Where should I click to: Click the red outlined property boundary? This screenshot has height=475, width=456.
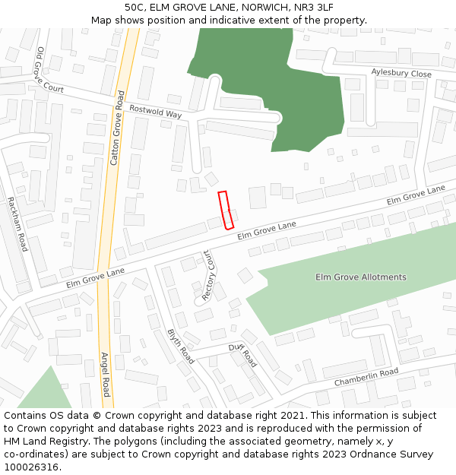[226, 210]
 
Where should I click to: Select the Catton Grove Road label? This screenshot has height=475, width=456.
[116, 123]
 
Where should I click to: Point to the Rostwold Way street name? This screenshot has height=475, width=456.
[155, 111]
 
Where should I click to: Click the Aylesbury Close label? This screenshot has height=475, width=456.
[401, 74]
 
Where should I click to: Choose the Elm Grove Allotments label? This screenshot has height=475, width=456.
[360, 277]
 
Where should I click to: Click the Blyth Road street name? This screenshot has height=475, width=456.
[180, 347]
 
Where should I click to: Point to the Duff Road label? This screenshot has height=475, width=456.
[243, 354]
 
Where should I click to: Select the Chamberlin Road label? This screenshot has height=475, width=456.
[366, 376]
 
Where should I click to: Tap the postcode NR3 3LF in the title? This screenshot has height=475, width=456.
[313, 7]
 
